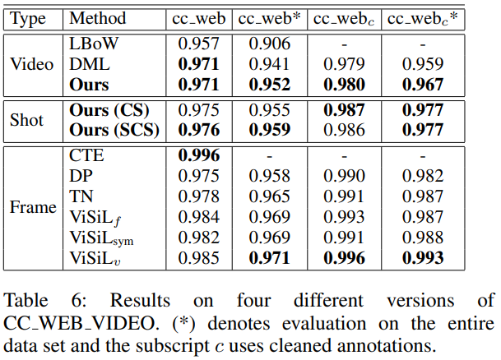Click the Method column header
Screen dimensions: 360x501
(x=96, y=18)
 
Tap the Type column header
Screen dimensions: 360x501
(x=28, y=18)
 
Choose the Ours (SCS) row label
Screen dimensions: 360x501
(x=114, y=130)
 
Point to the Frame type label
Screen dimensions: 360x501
(x=33, y=207)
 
